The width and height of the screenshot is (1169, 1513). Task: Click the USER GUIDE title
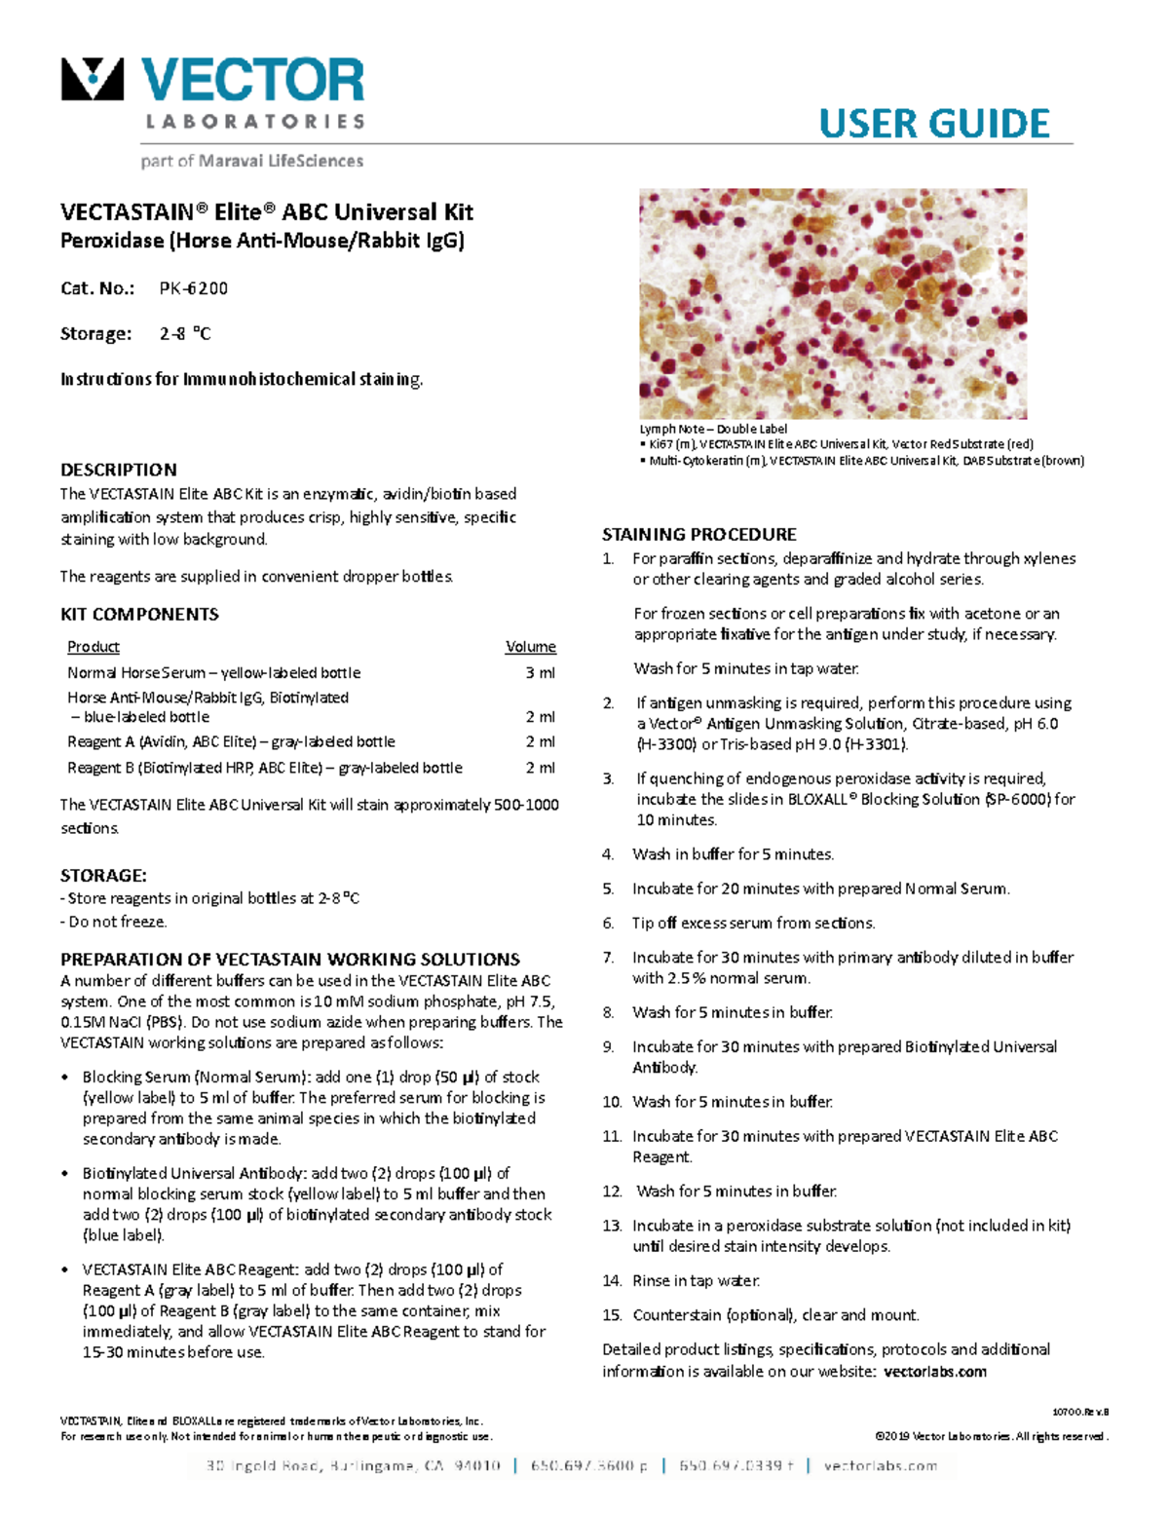(933, 124)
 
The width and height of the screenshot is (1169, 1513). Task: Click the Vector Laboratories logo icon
(93, 80)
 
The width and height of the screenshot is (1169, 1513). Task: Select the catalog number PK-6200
(194, 288)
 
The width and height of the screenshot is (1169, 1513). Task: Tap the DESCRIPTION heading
(119, 470)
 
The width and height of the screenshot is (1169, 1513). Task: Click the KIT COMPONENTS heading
(139, 615)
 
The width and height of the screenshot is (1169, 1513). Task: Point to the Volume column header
(530, 647)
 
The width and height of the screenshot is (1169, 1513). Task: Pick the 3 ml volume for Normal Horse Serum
(540, 673)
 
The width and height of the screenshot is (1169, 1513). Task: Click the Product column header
(94, 647)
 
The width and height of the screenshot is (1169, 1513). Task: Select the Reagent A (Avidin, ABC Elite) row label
(231, 742)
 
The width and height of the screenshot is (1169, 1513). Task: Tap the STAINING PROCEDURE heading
(698, 535)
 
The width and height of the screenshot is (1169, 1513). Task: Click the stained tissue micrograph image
(833, 304)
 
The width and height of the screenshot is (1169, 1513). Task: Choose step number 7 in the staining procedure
(609, 958)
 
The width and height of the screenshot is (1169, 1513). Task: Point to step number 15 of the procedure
(612, 1315)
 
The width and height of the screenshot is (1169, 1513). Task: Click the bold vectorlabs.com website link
(934, 1372)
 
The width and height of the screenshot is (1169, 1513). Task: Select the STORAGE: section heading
(103, 876)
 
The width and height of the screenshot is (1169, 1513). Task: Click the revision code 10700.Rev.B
(1080, 1412)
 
